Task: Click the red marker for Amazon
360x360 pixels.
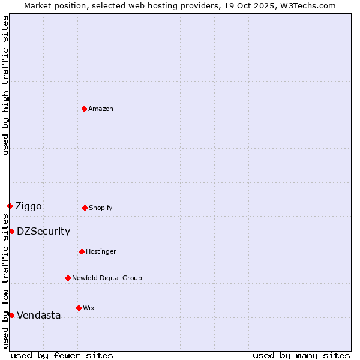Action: [x=84, y=109]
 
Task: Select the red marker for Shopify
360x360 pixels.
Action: [x=85, y=208]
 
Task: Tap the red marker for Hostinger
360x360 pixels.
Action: [x=82, y=251]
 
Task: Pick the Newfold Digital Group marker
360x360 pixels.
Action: [x=68, y=278]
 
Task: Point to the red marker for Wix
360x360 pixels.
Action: [x=79, y=308]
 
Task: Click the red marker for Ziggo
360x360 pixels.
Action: [x=10, y=206]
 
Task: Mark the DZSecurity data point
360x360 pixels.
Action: [x=11, y=231]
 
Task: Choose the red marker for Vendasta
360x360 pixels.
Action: [x=11, y=315]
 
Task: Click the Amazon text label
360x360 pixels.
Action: [x=101, y=109]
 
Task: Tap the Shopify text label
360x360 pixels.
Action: [x=101, y=208]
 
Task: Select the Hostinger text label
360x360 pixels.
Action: [x=101, y=251]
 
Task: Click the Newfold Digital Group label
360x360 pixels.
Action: [x=107, y=278]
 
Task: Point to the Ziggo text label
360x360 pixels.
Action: [x=28, y=206]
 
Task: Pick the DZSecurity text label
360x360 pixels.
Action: [x=43, y=232]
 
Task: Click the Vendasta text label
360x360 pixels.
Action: [x=38, y=316]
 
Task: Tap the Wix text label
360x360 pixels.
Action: [x=89, y=308]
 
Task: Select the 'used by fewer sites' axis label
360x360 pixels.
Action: [x=62, y=355]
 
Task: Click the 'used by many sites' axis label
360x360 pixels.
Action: [x=301, y=355]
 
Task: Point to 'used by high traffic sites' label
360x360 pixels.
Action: [x=5, y=85]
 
